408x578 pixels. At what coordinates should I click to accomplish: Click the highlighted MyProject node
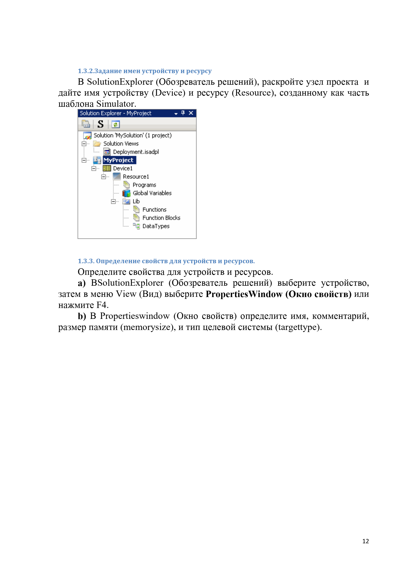click(x=118, y=160)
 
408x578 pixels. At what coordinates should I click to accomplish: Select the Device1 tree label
click(x=123, y=169)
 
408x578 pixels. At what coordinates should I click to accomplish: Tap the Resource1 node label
click(x=136, y=177)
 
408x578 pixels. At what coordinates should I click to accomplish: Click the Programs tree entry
click(x=144, y=185)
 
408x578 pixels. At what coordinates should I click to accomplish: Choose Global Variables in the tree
click(x=152, y=193)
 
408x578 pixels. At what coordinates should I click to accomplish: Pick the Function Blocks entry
click(x=161, y=218)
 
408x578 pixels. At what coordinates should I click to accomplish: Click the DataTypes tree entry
click(x=156, y=226)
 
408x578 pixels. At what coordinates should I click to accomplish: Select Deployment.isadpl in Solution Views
click(x=136, y=152)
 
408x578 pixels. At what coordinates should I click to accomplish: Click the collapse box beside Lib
click(x=113, y=201)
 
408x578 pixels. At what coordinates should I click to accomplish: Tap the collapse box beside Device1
click(x=94, y=169)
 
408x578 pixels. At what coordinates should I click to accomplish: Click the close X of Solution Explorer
click(x=191, y=113)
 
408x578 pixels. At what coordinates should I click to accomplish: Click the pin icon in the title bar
click(x=183, y=113)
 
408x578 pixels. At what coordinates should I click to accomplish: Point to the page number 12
click(x=366, y=541)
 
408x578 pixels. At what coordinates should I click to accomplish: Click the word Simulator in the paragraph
click(x=116, y=104)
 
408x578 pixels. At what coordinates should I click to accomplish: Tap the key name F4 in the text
click(x=102, y=305)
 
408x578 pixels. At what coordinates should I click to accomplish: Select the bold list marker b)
click(x=82, y=316)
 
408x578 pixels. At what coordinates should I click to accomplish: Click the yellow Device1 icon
click(x=107, y=169)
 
